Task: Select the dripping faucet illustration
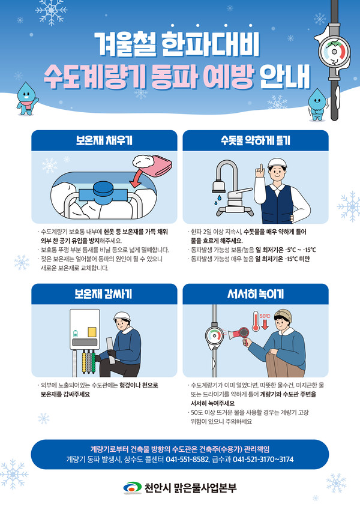229,187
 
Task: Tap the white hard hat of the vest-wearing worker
278,163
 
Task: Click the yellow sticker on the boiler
92,331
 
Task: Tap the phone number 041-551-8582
188,460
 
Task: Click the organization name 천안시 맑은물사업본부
191,488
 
